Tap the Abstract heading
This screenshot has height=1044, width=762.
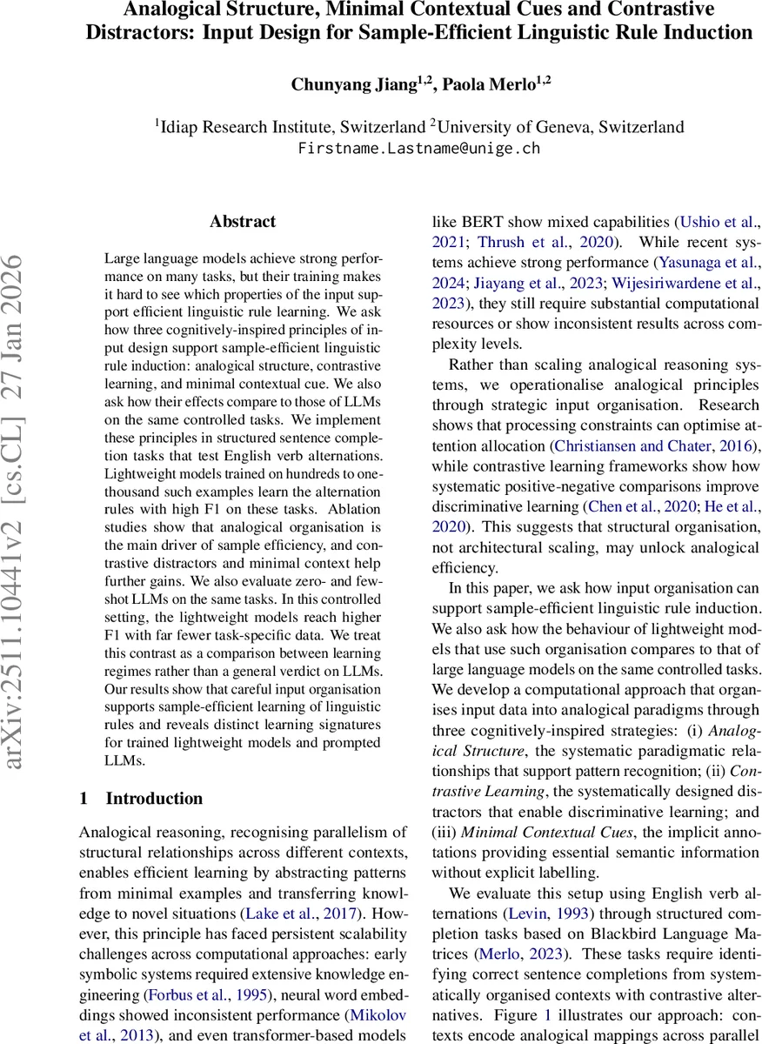coord(243,222)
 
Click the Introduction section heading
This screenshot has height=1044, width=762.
coord(154,799)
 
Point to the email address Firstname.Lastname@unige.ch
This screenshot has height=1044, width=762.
coord(419,148)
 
